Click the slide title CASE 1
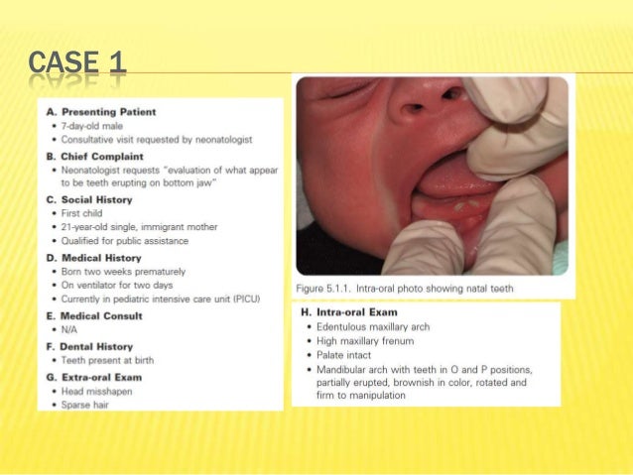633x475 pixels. (77, 62)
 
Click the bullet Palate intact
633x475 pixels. (347, 354)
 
